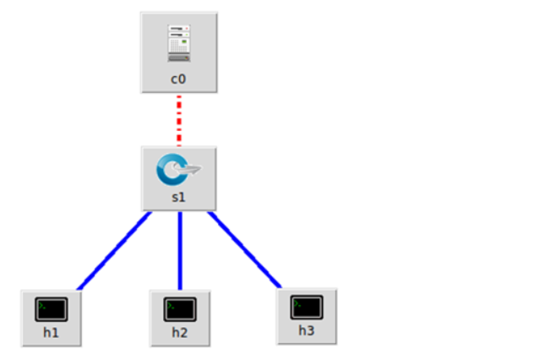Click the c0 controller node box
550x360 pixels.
pyautogui.click(x=179, y=52)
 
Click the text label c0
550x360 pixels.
pyautogui.click(x=179, y=79)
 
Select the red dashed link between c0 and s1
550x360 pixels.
pyautogui.click(x=179, y=120)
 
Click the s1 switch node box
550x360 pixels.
pyautogui.click(x=179, y=178)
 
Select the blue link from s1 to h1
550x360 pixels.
pyautogui.click(x=115, y=250)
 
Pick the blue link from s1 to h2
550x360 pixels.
pyautogui.click(x=180, y=250)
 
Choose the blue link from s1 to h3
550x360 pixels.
pyautogui.click(x=245, y=248)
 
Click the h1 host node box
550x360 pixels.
pyautogui.click(x=52, y=318)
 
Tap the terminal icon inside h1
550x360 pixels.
pyautogui.click(x=52, y=309)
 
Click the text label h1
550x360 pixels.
pyautogui.click(x=52, y=332)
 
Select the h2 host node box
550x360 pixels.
pyautogui.click(x=180, y=318)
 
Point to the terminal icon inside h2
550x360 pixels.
pyautogui.click(x=180, y=309)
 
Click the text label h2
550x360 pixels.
pyautogui.click(x=180, y=332)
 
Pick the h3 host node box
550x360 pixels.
pyautogui.click(x=307, y=315)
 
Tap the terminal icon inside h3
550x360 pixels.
pyautogui.click(x=307, y=307)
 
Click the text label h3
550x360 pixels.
pyautogui.click(x=307, y=330)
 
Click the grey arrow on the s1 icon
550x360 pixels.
pyautogui.click(x=192, y=171)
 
